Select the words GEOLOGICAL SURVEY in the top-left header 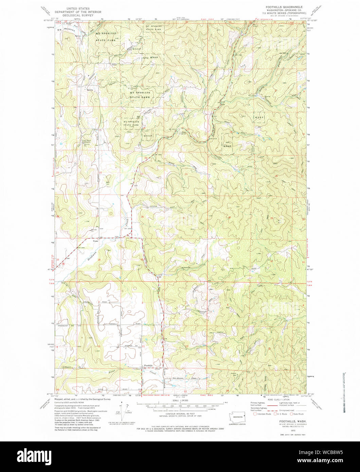(76, 15)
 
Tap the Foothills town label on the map (148, 365)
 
